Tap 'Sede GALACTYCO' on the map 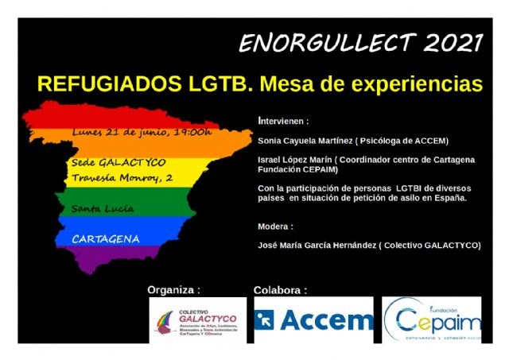click(119, 162)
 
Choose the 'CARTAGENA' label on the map click(106, 238)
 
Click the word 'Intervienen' click(283, 122)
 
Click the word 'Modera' click(275, 226)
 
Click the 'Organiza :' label click(173, 289)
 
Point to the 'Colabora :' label click(280, 289)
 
